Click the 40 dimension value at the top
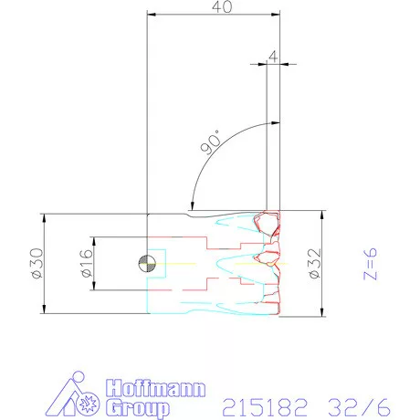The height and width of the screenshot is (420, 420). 222,6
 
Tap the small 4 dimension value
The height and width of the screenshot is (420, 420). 273,56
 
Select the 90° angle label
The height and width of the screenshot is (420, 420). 211,142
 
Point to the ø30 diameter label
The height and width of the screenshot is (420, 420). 37,263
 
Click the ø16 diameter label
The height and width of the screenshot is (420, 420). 87,263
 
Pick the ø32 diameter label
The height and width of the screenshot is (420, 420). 314,263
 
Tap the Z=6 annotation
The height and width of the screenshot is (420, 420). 370,264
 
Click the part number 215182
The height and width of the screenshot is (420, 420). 265,407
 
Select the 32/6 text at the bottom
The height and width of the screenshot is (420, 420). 359,407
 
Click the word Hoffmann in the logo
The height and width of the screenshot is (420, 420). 156,389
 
